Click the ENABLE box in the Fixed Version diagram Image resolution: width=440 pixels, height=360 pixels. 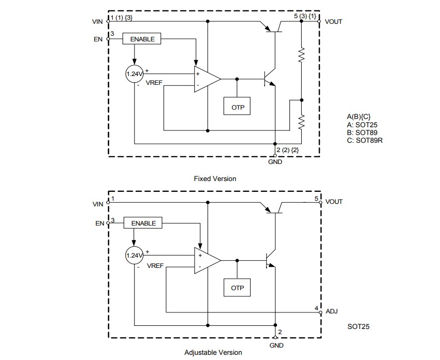coord(142,39)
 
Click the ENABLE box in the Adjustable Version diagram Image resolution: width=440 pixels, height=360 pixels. coord(143,223)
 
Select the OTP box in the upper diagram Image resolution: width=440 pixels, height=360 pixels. coord(237,108)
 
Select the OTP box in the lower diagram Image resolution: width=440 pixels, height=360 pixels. coord(237,288)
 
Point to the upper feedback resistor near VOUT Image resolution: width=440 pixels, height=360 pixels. coord(302,55)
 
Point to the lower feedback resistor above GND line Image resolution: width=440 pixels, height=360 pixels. coord(302,122)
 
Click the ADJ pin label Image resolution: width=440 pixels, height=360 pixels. coord(331,312)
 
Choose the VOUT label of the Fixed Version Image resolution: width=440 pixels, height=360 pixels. coord(333,22)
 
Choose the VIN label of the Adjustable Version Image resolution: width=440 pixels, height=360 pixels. coord(98,204)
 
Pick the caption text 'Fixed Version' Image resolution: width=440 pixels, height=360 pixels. coord(215,178)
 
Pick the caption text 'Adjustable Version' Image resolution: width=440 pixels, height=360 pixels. coord(213,352)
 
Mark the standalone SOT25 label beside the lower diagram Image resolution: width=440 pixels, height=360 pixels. coord(359,327)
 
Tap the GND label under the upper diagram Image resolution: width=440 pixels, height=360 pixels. coord(275,162)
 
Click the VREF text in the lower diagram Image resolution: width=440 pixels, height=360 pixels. coord(155,265)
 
